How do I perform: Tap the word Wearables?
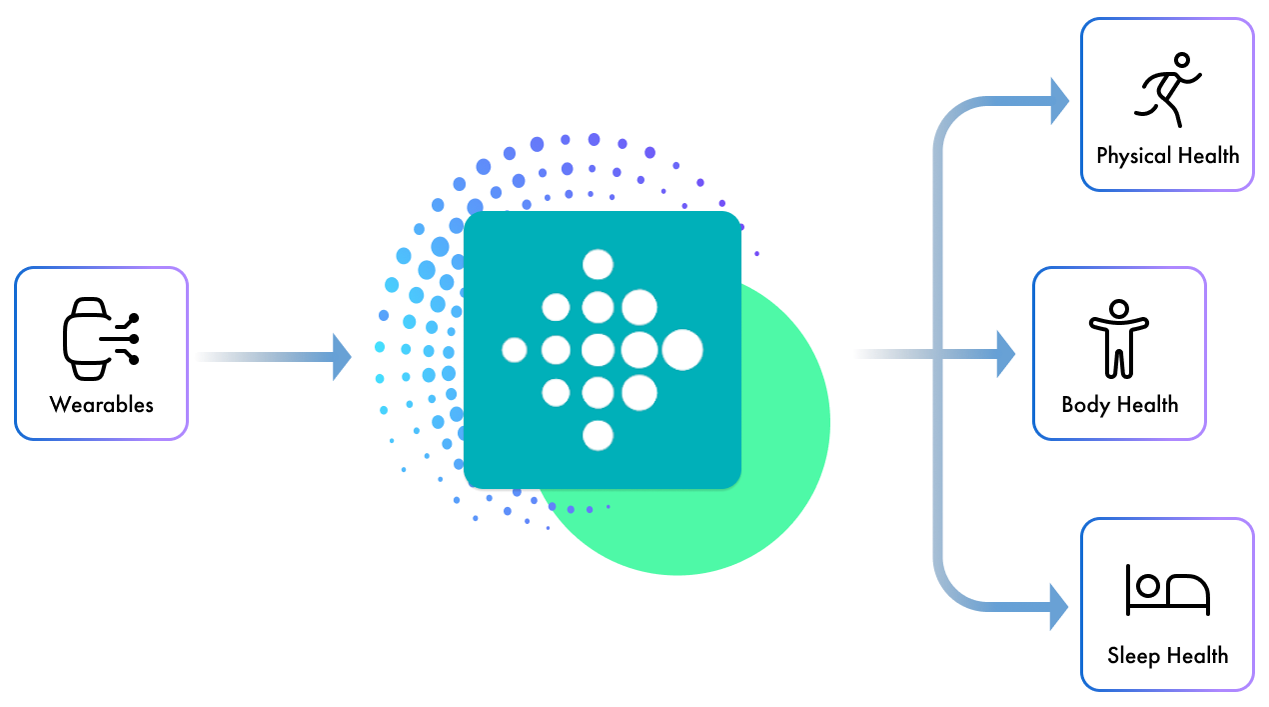pyautogui.click(x=102, y=405)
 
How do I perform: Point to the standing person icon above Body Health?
pyautogui.click(x=1119, y=339)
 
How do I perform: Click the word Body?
pyautogui.click(x=1085, y=405)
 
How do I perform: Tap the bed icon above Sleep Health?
pyautogui.click(x=1167, y=590)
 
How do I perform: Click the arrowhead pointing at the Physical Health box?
pyautogui.click(x=1058, y=100)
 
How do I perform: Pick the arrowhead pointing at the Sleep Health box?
pyautogui.click(x=1058, y=606)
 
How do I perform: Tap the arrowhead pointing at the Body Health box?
pyautogui.click(x=1005, y=354)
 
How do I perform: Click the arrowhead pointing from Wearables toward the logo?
pyautogui.click(x=341, y=356)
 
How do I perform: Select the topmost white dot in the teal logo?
pyautogui.click(x=598, y=264)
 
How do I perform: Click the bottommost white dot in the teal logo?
pyautogui.click(x=598, y=435)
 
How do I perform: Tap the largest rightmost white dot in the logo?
pyautogui.click(x=682, y=349)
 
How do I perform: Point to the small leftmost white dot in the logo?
pyautogui.click(x=514, y=350)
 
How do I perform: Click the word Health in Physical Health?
pyautogui.click(x=1207, y=156)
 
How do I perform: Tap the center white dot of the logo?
pyautogui.click(x=598, y=350)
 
